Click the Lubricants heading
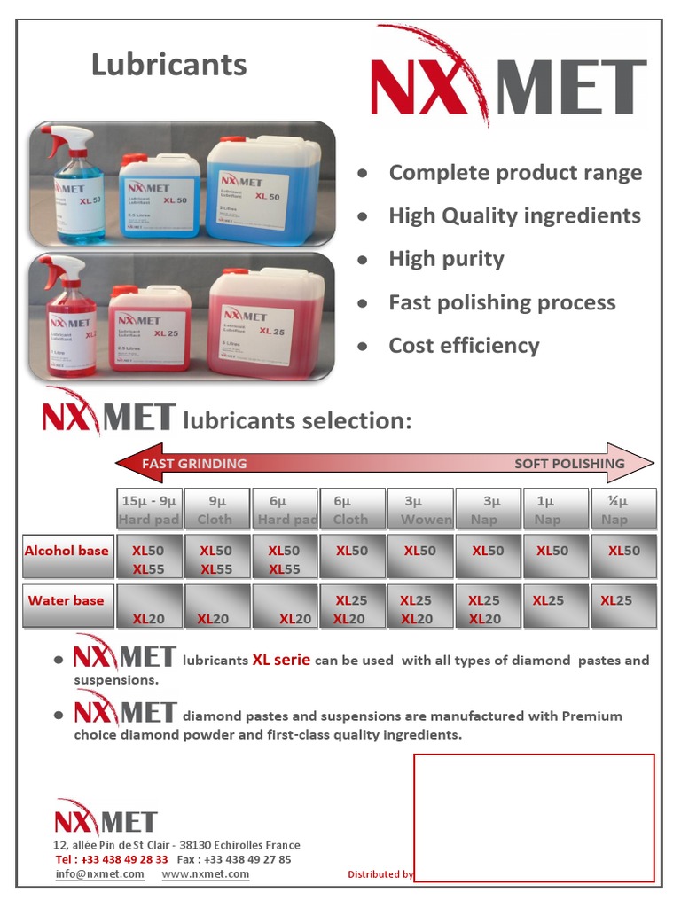[168, 65]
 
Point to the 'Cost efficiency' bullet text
[464, 346]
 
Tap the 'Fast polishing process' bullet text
[502, 302]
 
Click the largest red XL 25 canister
[266, 322]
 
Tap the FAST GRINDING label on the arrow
[193, 463]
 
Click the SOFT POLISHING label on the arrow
[569, 464]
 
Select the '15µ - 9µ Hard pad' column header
[149, 510]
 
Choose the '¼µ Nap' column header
[624, 510]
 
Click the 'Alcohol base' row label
[67, 551]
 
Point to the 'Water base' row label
[67, 600]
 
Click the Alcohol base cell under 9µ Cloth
[216, 557]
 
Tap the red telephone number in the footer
[112, 859]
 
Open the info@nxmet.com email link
[99, 874]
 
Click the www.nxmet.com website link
[206, 874]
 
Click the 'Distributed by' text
[380, 874]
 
